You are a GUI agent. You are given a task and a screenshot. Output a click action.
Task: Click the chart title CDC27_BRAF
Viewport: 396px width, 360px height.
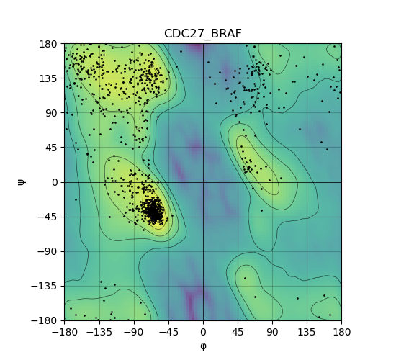click(203, 34)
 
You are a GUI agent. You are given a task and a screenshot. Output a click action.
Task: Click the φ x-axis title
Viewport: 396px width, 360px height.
click(203, 346)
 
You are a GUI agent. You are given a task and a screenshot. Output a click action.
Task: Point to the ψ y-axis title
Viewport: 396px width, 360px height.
click(22, 182)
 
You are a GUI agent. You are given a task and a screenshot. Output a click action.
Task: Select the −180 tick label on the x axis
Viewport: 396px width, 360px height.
click(64, 332)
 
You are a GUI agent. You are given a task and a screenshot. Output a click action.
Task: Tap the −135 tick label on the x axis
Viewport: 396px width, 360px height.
click(99, 332)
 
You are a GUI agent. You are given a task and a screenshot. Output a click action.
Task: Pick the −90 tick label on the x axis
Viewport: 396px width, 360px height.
click(134, 332)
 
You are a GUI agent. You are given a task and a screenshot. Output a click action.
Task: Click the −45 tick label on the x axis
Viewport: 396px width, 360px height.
click(168, 332)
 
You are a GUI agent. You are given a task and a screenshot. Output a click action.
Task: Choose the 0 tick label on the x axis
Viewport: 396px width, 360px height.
click(203, 332)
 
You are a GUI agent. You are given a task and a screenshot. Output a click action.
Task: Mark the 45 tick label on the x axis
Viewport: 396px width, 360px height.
click(238, 332)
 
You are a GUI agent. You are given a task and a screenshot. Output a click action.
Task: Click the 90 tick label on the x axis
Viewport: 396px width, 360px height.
click(272, 332)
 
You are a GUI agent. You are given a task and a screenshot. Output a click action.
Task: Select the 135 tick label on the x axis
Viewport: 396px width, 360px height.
click(307, 332)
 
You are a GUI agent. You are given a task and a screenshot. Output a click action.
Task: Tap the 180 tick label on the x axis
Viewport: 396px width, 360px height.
click(342, 332)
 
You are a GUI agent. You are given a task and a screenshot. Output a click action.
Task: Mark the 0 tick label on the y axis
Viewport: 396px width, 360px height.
click(55, 182)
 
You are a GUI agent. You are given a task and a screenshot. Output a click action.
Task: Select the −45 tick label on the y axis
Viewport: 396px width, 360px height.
click(48, 217)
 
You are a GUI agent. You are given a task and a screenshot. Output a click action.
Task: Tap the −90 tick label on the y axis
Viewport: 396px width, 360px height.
click(48, 251)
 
